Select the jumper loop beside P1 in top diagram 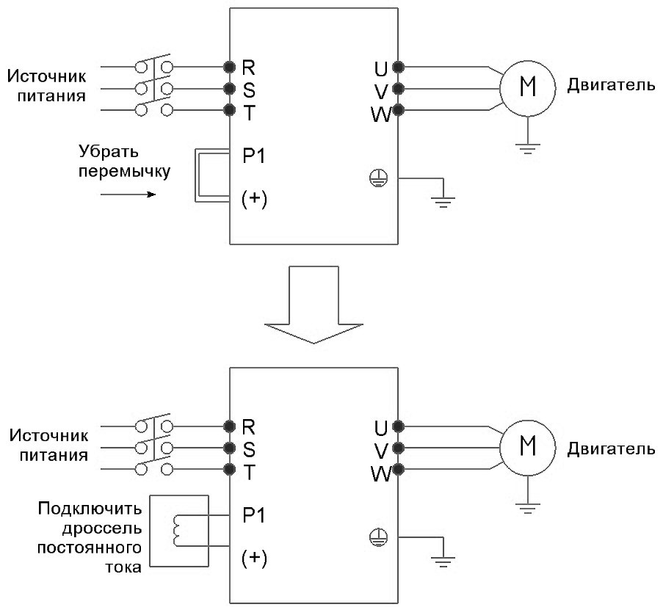198,174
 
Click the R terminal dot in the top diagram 230,67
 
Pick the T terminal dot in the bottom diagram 230,469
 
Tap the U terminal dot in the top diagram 398,67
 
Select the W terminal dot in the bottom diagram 398,469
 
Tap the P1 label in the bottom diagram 253,515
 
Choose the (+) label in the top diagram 254,200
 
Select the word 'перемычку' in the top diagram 124,173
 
